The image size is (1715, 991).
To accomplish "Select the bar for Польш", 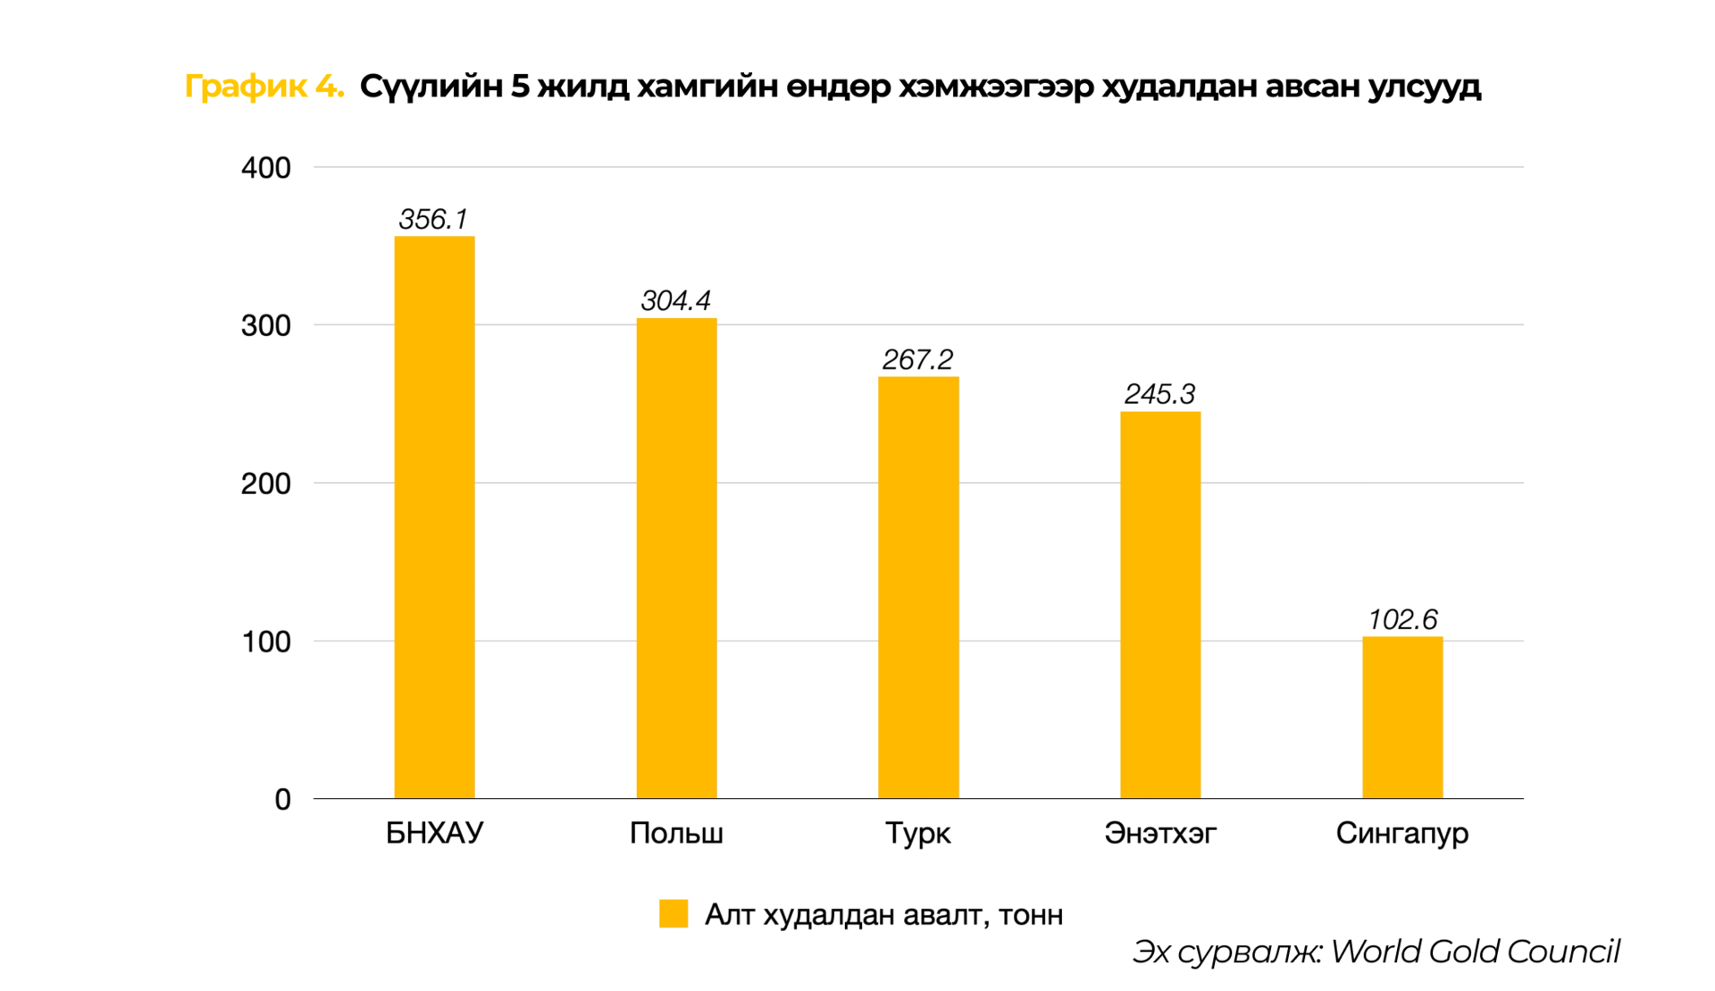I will [676, 558].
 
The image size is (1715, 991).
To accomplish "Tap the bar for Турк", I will [918, 587].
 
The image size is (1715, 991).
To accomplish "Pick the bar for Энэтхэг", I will [1160, 604].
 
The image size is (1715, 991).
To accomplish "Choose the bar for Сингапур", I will [1402, 717].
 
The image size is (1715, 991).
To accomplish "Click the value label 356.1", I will [433, 219].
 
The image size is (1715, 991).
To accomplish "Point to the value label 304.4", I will [676, 300].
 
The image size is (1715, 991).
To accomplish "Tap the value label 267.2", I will [918, 359].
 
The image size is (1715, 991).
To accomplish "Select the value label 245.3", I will [1160, 394].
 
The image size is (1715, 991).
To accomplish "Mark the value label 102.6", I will [1402, 619].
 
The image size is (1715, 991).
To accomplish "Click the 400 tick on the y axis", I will [266, 168].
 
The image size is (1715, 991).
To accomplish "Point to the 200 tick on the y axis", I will [266, 483].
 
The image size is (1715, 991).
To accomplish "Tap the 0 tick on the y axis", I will [282, 799].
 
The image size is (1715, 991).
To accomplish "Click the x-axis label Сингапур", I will [1402, 833].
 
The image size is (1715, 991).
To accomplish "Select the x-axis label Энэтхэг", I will [1160, 833].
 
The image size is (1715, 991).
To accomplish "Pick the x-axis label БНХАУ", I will [434, 833].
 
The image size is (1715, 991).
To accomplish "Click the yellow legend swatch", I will [673, 913].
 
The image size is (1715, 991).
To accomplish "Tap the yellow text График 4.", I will [264, 87].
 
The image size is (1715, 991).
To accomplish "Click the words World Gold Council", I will [1475, 952].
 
